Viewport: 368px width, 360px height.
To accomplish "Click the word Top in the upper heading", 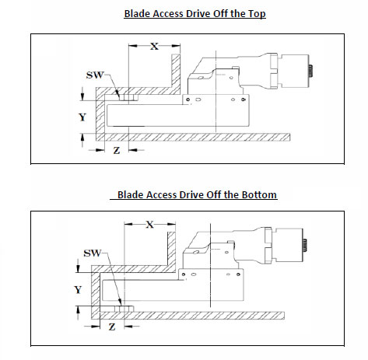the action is click(257, 14).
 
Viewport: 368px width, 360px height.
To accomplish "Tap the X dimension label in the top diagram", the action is click(154, 46).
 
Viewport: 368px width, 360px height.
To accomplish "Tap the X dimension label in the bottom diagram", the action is click(150, 224).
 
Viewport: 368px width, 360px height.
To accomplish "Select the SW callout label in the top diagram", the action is click(95, 75).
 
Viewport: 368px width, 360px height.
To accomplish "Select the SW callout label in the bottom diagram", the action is click(93, 253).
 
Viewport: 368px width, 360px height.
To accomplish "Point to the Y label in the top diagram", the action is click(82, 117).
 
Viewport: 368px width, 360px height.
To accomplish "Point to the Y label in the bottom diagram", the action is click(78, 289).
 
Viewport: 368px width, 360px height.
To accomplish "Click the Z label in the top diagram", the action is click(117, 150).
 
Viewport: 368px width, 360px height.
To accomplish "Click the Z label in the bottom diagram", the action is click(112, 327).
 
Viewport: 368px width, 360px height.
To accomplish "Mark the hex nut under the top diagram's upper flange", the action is click(128, 97).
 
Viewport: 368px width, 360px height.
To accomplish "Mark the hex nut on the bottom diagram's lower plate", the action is click(124, 309).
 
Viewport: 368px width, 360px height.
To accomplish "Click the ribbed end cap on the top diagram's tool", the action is click(311, 71).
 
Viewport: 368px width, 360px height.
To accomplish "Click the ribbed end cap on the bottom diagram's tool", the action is click(305, 245).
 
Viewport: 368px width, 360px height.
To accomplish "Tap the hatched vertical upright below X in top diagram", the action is click(176, 72).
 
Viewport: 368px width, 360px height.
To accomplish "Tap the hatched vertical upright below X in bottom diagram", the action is click(171, 249).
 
